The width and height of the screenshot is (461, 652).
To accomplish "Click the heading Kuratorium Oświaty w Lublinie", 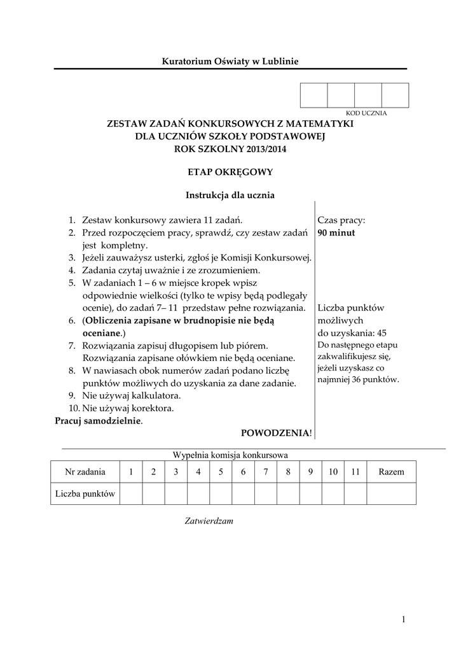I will point(230,61).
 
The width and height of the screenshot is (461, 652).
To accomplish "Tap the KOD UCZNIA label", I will point(366,113).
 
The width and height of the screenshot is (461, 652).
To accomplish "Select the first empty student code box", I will point(313,95).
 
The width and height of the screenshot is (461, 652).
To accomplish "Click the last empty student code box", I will point(395,95).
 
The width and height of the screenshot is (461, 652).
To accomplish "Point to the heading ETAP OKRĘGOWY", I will point(230,171).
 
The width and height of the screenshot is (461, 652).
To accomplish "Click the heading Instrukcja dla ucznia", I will point(230,195).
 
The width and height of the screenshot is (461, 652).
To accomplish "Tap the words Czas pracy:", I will point(341,220).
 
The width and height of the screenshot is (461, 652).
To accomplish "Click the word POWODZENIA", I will point(275,433).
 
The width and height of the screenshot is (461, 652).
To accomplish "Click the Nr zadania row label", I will point(85,472).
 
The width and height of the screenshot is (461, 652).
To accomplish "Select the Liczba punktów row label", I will point(85,493).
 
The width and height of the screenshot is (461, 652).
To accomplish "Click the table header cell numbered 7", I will point(266,472).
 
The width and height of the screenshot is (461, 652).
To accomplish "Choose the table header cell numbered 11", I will point(355,472).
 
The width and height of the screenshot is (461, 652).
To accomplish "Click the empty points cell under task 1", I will point(131,493).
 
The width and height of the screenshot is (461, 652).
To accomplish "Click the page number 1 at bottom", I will point(403,619).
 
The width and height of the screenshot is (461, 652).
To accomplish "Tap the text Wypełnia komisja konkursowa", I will point(230,455).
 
